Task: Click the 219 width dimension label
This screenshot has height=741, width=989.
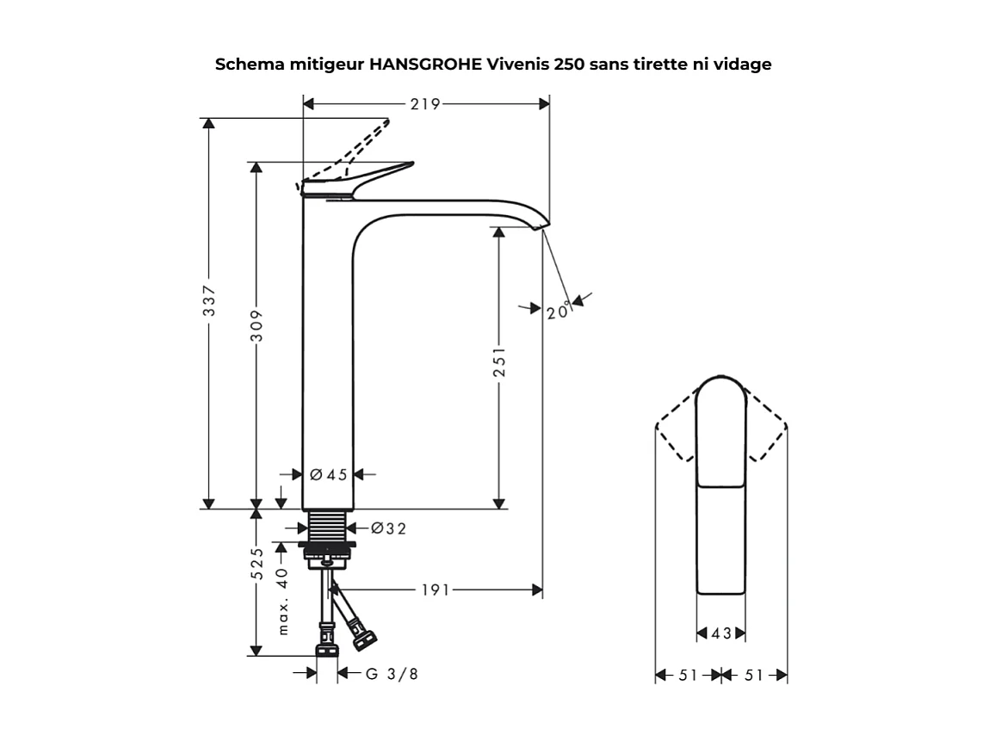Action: (425, 104)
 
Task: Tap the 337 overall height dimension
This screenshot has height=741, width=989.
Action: (209, 300)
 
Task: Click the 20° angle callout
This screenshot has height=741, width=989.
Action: (558, 311)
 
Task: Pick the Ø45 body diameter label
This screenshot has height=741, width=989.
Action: (328, 474)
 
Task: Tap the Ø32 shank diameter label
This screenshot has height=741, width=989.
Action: (388, 528)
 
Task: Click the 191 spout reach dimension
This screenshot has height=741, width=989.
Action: (436, 590)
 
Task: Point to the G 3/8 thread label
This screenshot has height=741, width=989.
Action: (392, 674)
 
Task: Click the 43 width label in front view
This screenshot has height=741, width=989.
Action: (721, 634)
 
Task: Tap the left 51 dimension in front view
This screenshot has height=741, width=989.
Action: (688, 676)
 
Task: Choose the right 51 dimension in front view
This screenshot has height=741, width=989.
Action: (753, 676)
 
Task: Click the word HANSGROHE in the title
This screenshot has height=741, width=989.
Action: (426, 65)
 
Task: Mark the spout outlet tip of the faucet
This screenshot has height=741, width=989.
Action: (539, 228)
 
